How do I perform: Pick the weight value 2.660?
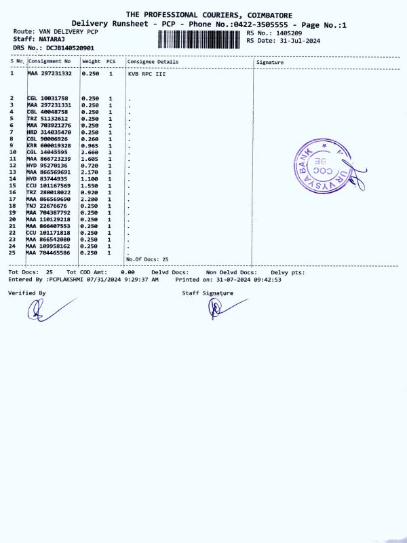(90, 152)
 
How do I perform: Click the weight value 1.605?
(90, 159)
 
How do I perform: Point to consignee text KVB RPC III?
(147, 73)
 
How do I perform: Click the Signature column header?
(271, 62)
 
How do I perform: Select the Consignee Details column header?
(153, 62)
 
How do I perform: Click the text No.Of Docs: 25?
(147, 259)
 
